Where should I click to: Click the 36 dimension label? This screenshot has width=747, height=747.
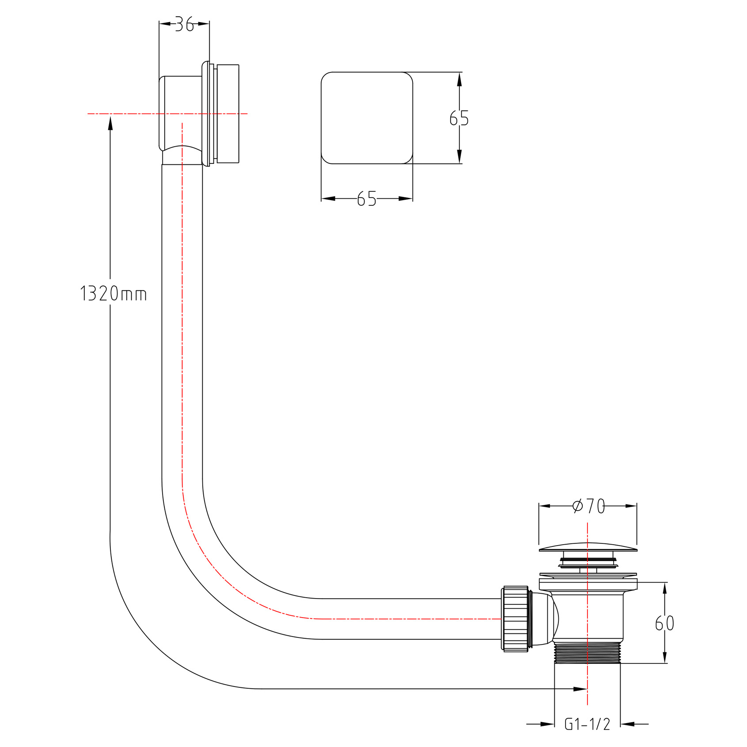(x=185, y=24)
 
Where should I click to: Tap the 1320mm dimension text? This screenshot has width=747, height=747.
(x=113, y=294)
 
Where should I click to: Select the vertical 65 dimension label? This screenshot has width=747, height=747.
(x=459, y=118)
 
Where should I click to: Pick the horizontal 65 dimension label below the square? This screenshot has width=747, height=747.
(x=367, y=199)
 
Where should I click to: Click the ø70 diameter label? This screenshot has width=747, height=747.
(x=588, y=506)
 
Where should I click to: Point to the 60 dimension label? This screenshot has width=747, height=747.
(x=664, y=623)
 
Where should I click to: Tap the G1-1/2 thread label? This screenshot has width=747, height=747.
(x=588, y=724)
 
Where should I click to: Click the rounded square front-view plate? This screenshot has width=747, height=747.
(x=367, y=118)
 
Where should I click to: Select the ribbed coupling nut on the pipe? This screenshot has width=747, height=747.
(x=516, y=618)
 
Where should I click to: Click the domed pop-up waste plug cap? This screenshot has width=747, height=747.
(x=588, y=547)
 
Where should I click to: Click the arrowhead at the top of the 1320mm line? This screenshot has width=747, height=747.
(x=110, y=122)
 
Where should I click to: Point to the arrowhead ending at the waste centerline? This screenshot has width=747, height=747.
(x=580, y=689)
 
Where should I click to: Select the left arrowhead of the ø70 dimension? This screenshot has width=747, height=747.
(x=546, y=506)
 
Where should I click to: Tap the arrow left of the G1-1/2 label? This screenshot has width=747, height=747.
(x=540, y=724)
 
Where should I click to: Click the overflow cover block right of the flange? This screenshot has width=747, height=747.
(x=228, y=114)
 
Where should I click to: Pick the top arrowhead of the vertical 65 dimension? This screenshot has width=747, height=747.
(x=459, y=80)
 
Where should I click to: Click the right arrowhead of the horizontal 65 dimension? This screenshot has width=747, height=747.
(x=406, y=199)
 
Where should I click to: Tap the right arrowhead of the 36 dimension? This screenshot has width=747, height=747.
(x=203, y=24)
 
